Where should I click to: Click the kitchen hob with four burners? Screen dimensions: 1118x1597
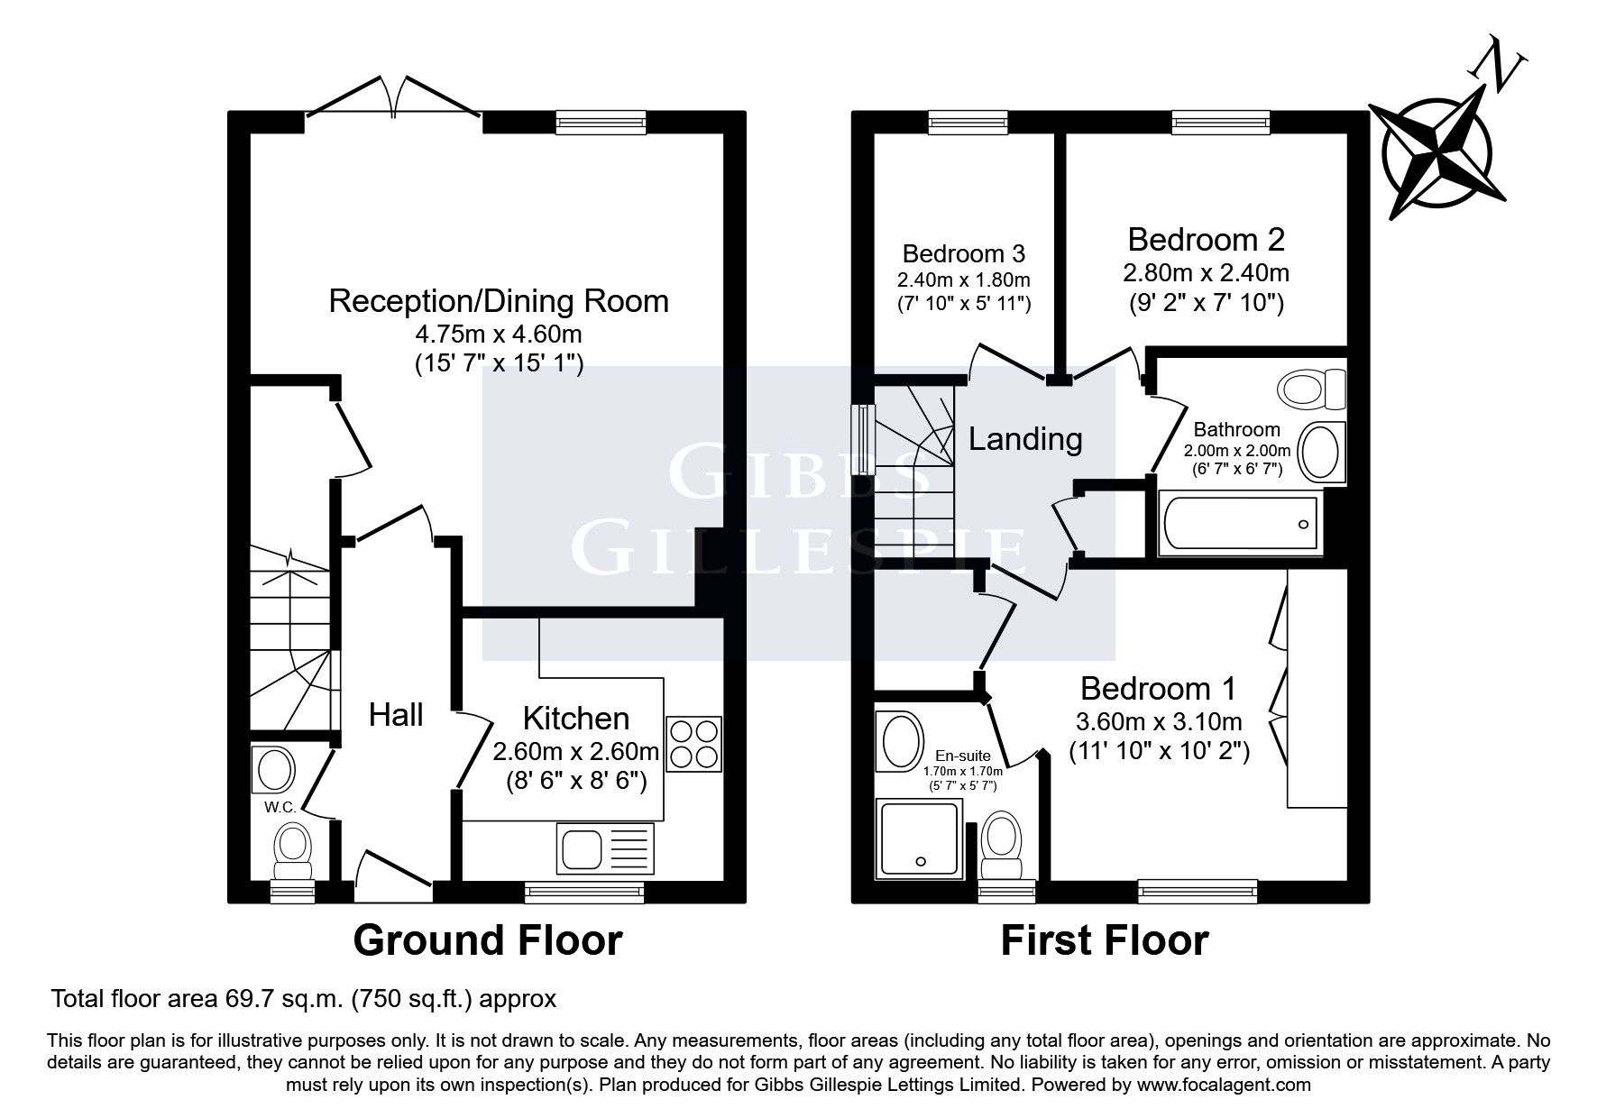[694, 742]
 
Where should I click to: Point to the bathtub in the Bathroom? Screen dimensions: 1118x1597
[1239, 524]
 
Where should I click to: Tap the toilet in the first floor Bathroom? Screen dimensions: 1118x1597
[1309, 389]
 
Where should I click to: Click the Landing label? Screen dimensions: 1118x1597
[1025, 439]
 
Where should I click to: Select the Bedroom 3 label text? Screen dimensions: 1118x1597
[963, 253]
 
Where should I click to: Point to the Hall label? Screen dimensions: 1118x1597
[396, 715]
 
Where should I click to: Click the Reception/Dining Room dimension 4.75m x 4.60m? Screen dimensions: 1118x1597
[498, 334]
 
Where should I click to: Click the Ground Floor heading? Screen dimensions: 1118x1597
[487, 940]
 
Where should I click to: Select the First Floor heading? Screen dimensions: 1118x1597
[1104, 940]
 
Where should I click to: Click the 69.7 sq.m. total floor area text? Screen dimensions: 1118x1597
[282, 999]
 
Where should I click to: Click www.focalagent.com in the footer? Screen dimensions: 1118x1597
[1224, 1085]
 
